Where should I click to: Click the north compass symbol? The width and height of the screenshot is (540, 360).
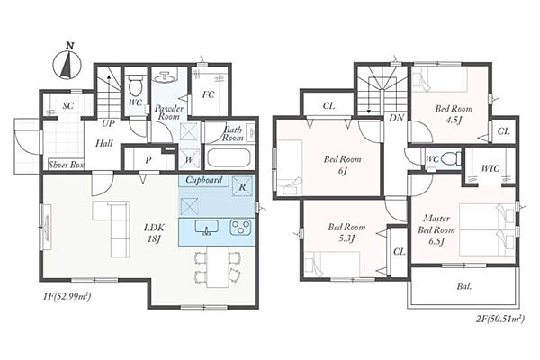point(67,62)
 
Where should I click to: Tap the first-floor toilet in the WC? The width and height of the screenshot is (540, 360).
point(135,85)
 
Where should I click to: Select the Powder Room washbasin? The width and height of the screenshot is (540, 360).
point(164,77)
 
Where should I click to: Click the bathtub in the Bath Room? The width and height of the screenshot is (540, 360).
point(229,158)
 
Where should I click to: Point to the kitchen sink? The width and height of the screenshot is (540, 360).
point(207,228)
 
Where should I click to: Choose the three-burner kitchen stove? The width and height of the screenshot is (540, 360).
point(240,228)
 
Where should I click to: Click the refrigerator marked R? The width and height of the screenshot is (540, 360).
point(242,186)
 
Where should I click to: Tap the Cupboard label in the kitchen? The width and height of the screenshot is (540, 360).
point(204,180)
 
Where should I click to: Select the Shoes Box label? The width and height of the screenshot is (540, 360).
point(66,165)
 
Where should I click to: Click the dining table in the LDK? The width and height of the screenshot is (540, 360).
point(218,266)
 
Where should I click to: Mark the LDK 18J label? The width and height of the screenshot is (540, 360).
point(154,232)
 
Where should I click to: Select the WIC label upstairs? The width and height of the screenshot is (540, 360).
point(490,168)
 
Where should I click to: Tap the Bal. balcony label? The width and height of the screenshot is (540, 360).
point(464,286)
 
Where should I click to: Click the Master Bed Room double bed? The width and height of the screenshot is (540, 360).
point(487,229)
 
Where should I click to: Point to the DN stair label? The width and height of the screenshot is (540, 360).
point(396,118)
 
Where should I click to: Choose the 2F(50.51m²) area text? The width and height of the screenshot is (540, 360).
point(500,319)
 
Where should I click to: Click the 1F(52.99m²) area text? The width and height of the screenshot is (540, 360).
point(67,296)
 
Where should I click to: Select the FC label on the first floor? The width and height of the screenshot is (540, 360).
point(208,94)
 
